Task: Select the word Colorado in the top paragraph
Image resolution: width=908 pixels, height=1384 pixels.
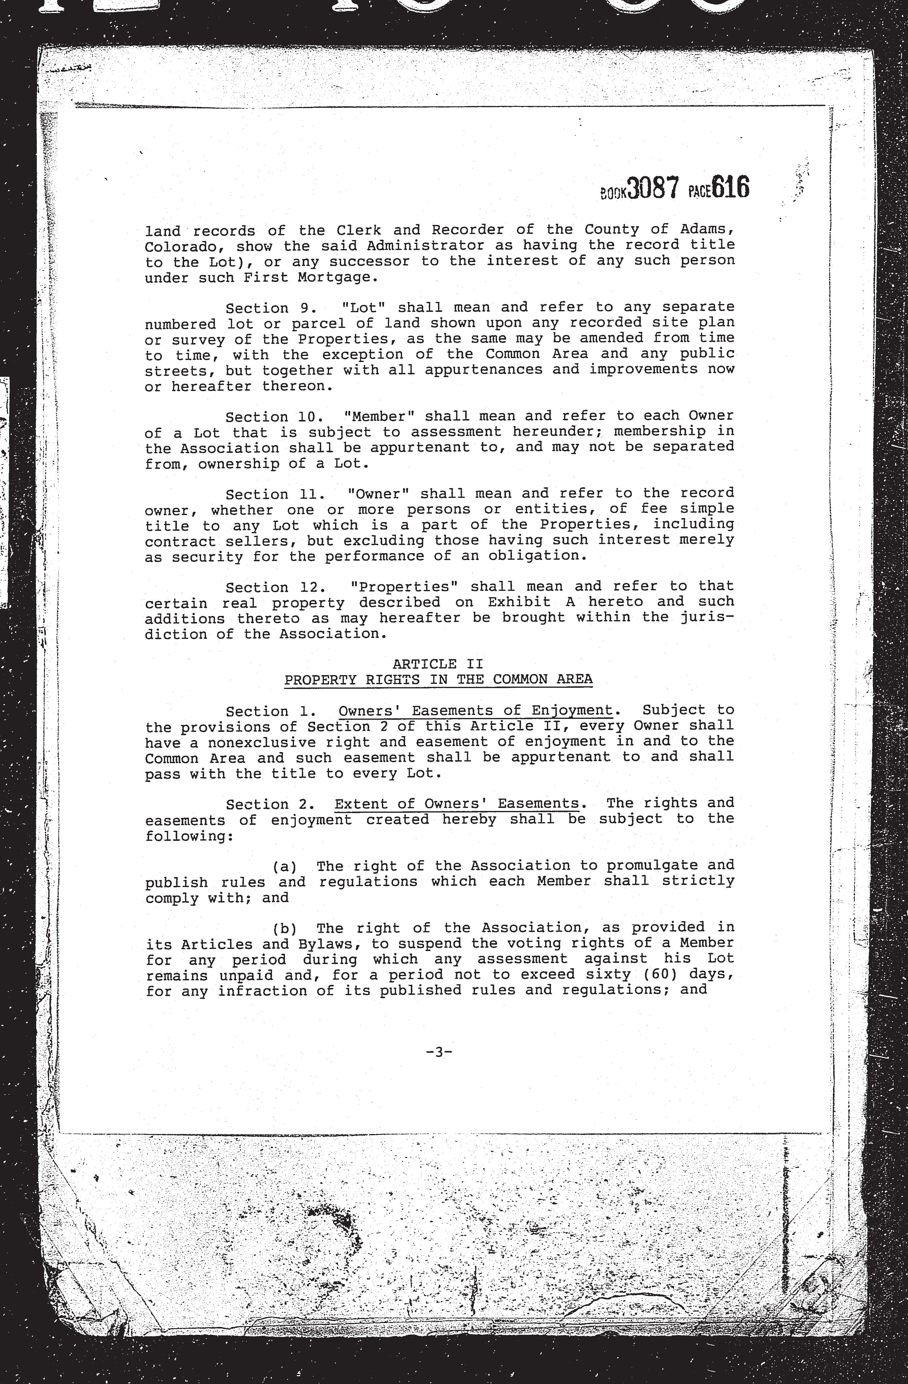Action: coord(172,246)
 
